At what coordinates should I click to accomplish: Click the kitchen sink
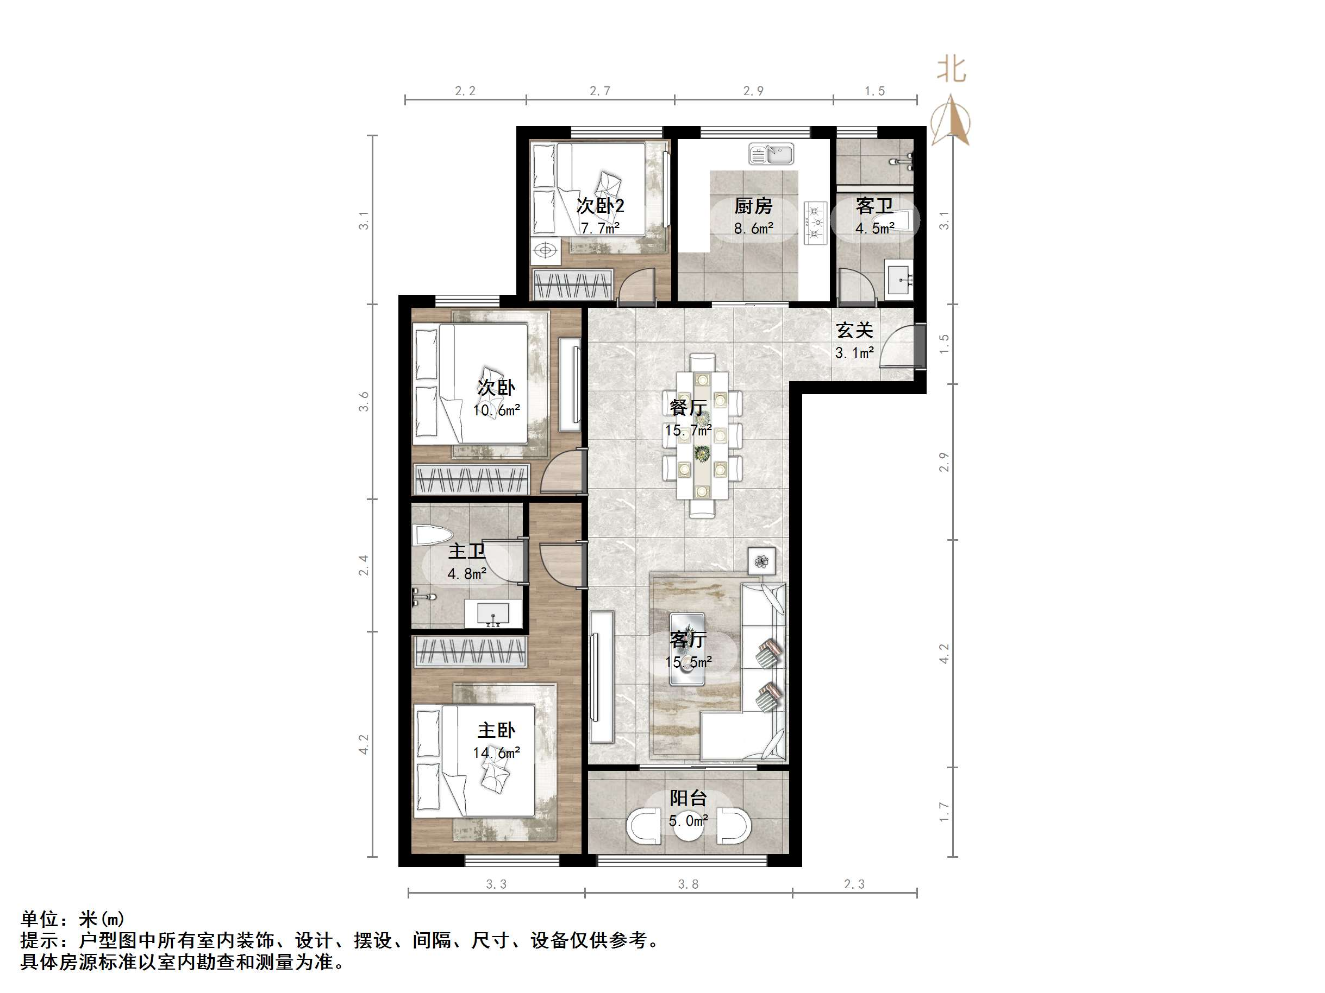(771, 154)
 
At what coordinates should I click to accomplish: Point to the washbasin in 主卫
(492, 613)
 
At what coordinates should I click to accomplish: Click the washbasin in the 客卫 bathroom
(899, 280)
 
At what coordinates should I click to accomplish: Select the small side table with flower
(761, 561)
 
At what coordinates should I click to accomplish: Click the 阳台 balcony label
(687, 798)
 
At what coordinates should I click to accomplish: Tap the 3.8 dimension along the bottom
(687, 884)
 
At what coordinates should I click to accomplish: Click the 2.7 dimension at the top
(599, 91)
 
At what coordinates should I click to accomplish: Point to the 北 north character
(951, 69)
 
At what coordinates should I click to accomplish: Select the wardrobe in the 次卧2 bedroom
(573, 284)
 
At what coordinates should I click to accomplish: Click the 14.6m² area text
(496, 753)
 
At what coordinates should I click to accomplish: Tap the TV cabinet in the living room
(602, 676)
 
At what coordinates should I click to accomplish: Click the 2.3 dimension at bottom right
(854, 884)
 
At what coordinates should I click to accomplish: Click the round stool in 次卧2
(545, 250)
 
